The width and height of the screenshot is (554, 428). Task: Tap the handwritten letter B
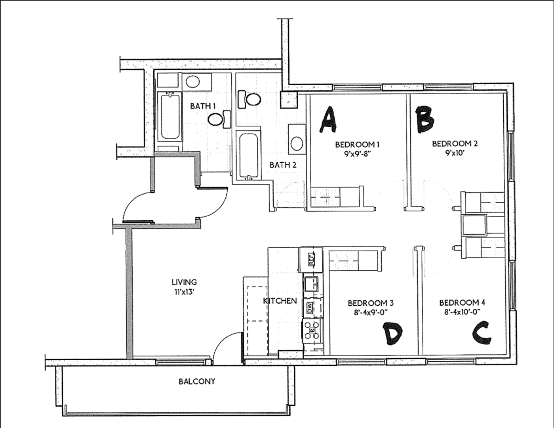425,119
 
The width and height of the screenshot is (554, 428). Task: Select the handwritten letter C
482,333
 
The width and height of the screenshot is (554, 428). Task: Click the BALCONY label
197,381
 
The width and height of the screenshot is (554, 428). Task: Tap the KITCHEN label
280,301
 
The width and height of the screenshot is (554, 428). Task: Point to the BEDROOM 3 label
371,303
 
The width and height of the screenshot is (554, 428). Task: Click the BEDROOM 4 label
462,302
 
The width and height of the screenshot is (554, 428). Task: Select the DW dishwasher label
310,308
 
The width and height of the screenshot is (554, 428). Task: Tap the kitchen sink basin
311,284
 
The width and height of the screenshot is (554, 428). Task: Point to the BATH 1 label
203,106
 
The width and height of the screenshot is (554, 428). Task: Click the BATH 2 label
283,165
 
